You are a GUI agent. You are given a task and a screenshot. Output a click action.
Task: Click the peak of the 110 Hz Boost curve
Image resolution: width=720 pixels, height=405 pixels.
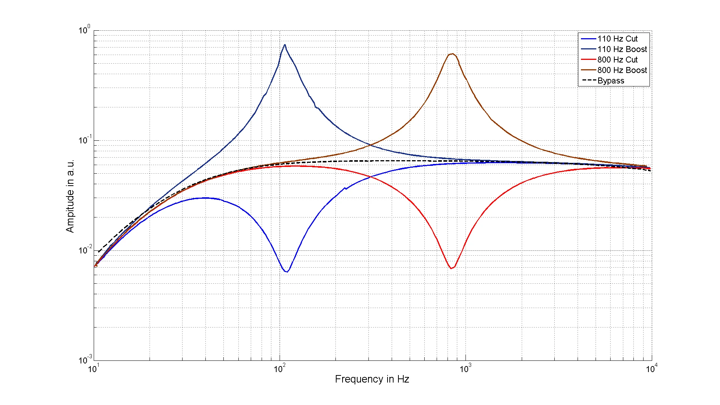(285, 45)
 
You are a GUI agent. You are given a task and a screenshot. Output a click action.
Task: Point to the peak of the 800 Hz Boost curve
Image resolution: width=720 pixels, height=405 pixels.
(452, 54)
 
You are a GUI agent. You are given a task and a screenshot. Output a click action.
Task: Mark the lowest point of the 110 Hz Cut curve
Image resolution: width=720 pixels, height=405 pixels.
(287, 271)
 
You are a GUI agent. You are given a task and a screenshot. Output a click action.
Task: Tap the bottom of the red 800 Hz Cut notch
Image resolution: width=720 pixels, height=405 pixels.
(452, 268)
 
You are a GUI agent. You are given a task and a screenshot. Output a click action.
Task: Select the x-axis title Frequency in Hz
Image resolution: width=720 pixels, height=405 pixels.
(372, 379)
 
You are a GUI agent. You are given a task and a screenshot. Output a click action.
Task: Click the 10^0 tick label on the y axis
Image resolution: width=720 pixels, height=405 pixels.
(84, 30)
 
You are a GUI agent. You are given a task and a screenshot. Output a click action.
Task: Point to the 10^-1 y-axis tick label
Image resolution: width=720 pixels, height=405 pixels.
(84, 140)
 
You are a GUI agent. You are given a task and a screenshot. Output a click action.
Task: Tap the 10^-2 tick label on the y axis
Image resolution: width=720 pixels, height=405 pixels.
(84, 250)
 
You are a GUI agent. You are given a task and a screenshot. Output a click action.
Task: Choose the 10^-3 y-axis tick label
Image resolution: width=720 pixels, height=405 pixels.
(84, 360)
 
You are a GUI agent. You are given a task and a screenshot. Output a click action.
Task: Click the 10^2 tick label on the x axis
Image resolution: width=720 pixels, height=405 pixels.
(279, 369)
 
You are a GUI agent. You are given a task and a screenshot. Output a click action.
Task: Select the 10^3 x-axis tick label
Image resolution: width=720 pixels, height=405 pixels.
(465, 369)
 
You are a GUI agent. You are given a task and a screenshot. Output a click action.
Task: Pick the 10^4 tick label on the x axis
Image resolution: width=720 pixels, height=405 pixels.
(651, 369)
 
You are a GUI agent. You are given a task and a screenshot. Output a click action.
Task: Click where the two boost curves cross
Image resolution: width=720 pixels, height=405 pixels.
(370, 145)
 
